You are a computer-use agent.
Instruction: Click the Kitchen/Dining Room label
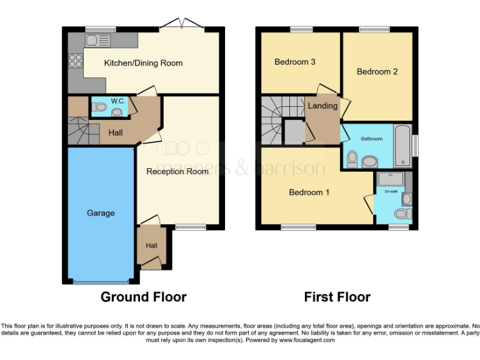(x=143, y=63)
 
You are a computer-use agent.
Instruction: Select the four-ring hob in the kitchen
(x=75, y=61)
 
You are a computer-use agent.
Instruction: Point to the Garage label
(x=101, y=213)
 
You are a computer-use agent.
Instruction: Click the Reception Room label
(x=177, y=171)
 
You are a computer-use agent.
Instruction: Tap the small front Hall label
(x=151, y=246)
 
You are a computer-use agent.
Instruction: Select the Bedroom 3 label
(x=295, y=62)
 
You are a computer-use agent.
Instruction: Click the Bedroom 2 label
(x=377, y=72)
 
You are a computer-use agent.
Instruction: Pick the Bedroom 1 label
(x=309, y=192)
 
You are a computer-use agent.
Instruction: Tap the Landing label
(x=322, y=106)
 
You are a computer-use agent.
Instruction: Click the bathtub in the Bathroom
(x=403, y=145)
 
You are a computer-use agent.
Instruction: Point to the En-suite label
(x=391, y=191)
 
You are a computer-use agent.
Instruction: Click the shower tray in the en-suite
(x=391, y=178)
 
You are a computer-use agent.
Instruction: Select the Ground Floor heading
(x=143, y=297)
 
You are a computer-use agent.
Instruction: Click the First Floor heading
(x=337, y=297)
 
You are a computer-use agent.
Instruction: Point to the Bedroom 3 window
(x=301, y=28)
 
